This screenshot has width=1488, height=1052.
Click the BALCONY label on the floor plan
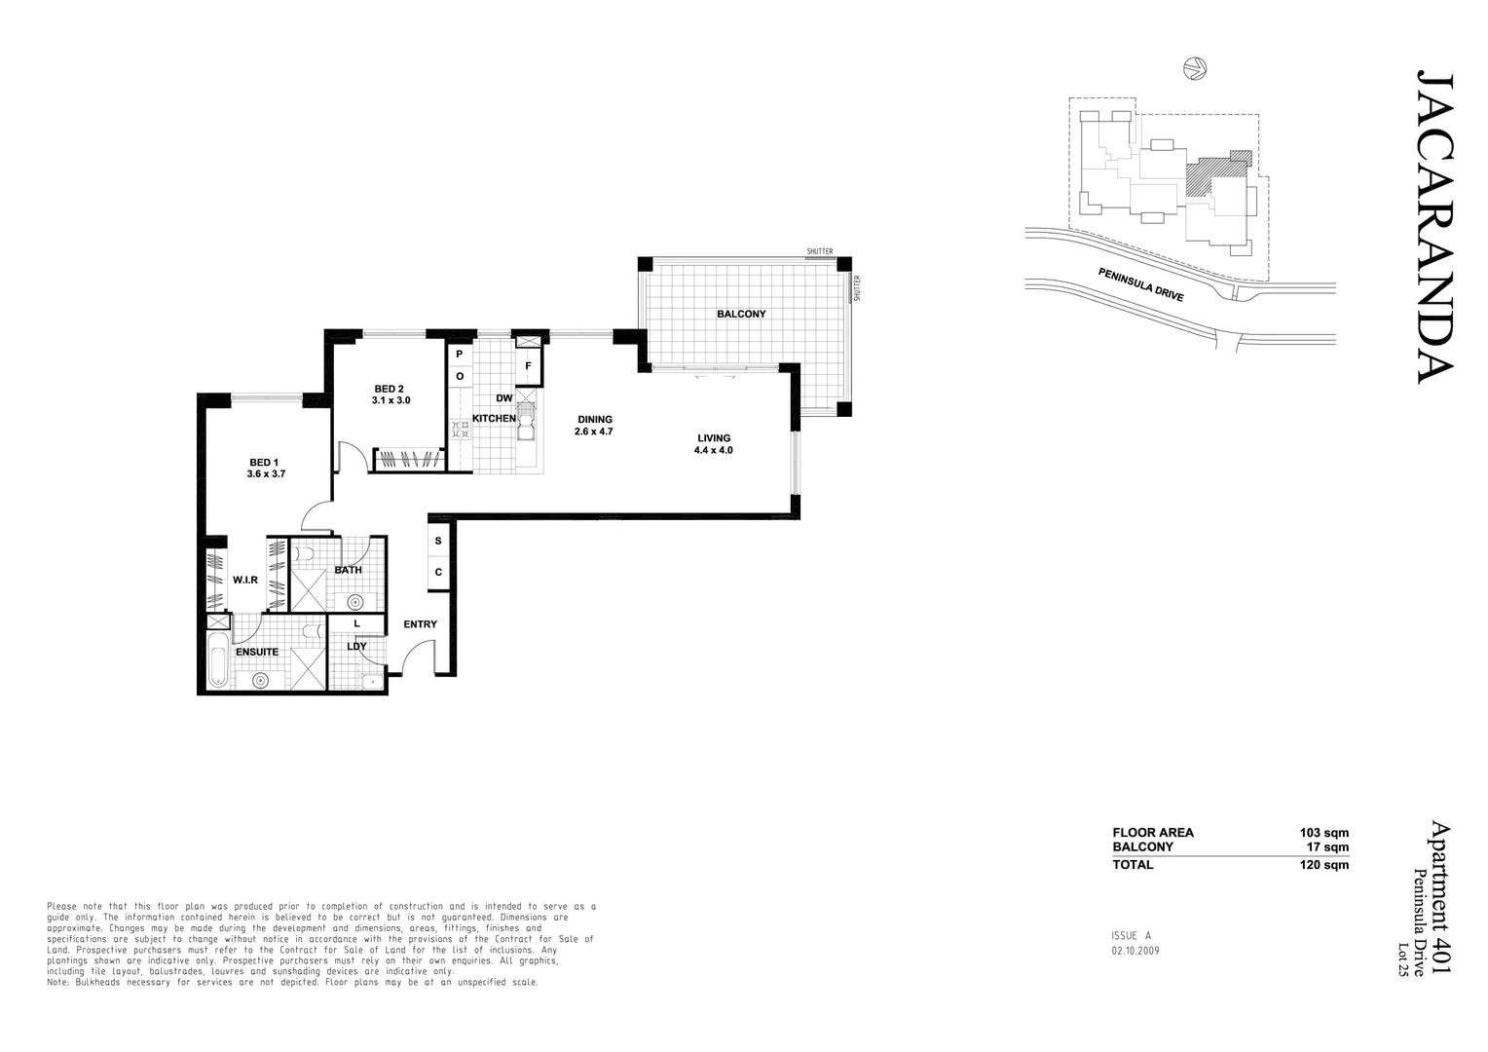(x=741, y=314)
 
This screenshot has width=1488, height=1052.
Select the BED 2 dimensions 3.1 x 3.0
(x=391, y=400)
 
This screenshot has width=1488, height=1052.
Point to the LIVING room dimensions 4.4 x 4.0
(x=713, y=450)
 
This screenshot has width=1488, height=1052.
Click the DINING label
(x=594, y=419)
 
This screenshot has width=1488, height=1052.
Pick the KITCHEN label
(x=494, y=418)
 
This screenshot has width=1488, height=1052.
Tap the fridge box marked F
(x=529, y=366)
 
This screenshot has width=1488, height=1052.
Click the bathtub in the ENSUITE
(x=217, y=661)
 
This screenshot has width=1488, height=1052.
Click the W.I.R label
(x=245, y=580)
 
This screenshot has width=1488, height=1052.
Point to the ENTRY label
(x=420, y=624)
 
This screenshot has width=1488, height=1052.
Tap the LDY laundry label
(x=356, y=646)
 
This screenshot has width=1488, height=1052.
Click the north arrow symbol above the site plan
(x=1194, y=68)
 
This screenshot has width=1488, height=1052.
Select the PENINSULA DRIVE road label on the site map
(x=1140, y=284)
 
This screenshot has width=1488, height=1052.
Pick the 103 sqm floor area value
(x=1323, y=833)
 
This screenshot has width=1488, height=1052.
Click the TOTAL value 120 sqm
(x=1323, y=864)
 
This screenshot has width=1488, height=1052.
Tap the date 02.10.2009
(x=1135, y=951)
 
